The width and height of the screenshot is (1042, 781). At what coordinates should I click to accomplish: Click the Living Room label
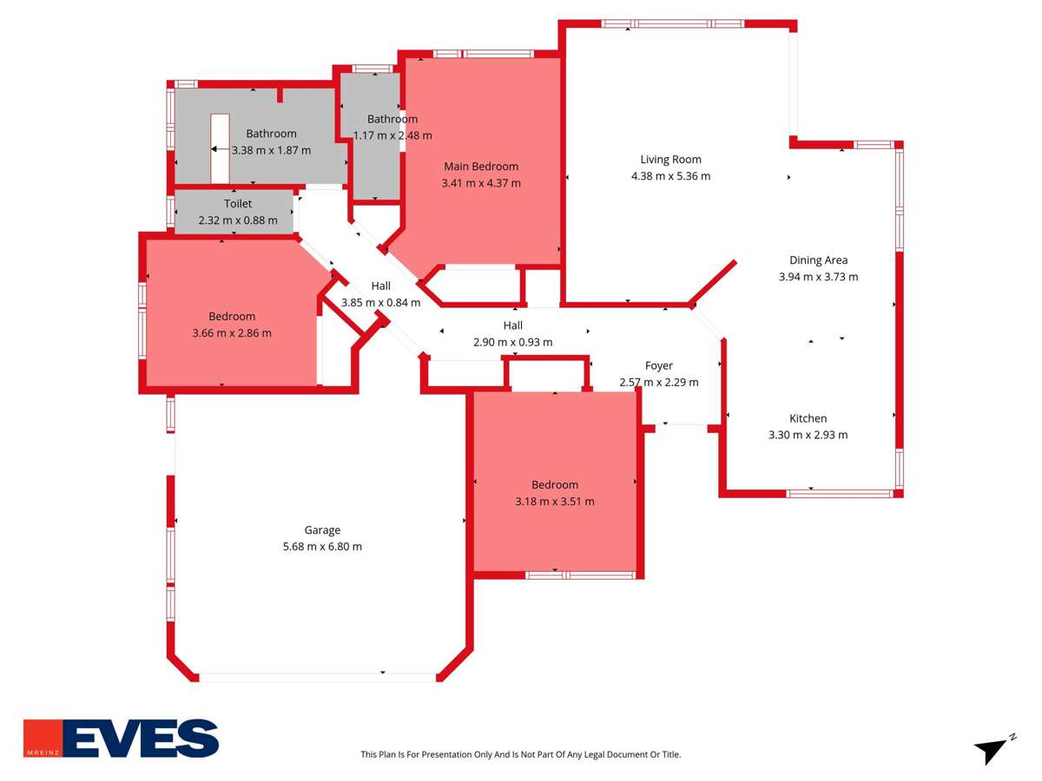670,160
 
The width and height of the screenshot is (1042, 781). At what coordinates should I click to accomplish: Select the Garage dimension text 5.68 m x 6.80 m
322,547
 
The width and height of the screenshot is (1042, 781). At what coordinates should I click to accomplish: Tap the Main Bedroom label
481,167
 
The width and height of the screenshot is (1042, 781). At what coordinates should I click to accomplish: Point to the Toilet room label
238,204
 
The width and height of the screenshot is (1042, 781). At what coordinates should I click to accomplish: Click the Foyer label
658,365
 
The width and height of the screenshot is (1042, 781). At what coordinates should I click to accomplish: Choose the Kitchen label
808,418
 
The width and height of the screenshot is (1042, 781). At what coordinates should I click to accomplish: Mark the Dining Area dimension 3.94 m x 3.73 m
818,277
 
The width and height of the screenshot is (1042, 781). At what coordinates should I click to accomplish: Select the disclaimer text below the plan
521,755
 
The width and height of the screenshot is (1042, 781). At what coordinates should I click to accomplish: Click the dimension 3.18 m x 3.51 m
555,502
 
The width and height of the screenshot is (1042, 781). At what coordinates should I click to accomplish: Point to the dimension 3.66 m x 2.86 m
232,333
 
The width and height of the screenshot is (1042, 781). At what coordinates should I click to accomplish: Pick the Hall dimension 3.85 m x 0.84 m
380,303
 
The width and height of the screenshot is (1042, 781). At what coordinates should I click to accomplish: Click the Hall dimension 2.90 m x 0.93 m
512,342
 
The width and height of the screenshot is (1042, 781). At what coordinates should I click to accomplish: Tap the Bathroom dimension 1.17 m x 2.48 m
392,135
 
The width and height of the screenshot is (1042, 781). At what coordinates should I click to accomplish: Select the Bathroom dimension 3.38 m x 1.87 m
271,150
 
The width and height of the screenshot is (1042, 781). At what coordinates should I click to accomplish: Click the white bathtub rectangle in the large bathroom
220,148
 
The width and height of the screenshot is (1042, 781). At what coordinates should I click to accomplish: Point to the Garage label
322,530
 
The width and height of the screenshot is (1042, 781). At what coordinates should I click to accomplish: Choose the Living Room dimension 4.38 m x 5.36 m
670,176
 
